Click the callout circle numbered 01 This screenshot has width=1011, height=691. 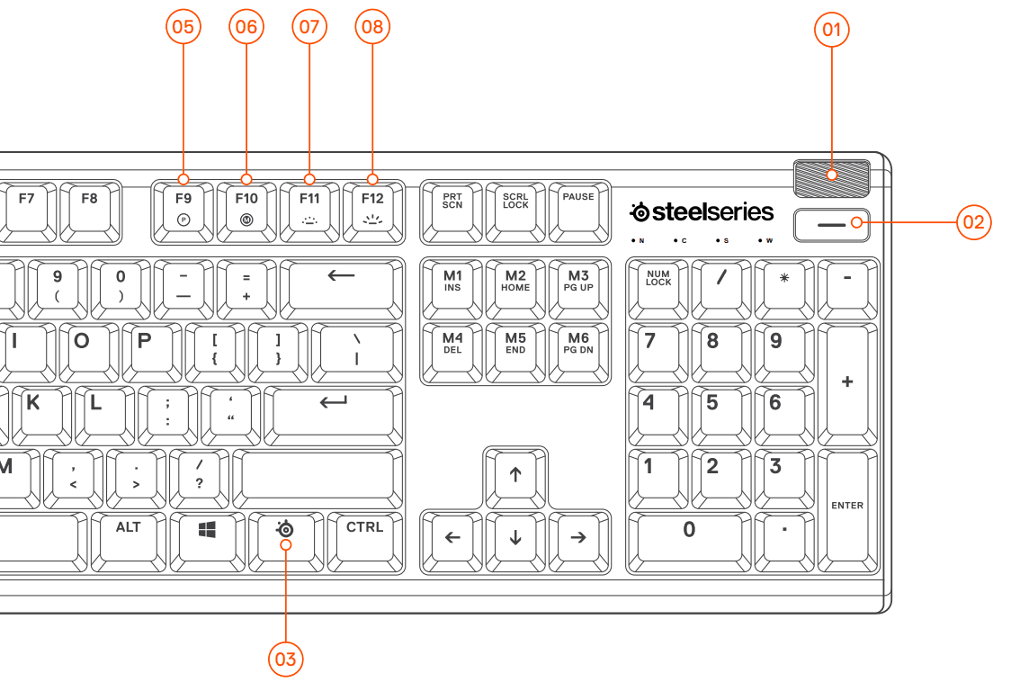point(832,31)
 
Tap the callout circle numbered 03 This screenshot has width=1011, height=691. point(285,660)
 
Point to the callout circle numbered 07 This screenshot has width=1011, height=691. point(309,27)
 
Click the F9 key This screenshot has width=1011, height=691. point(183,210)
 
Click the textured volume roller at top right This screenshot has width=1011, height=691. point(831,177)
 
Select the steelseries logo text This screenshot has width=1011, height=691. point(702,212)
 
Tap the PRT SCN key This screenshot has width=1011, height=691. point(452,210)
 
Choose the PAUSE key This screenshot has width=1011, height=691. point(578,210)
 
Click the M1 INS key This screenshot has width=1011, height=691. point(452,287)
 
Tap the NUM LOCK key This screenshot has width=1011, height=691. point(658,287)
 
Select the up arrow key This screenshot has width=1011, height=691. point(515,476)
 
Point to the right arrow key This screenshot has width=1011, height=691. point(578,539)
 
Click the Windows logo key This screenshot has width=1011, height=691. point(208,539)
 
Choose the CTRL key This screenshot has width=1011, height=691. point(365,539)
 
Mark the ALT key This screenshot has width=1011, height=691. point(129,539)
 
